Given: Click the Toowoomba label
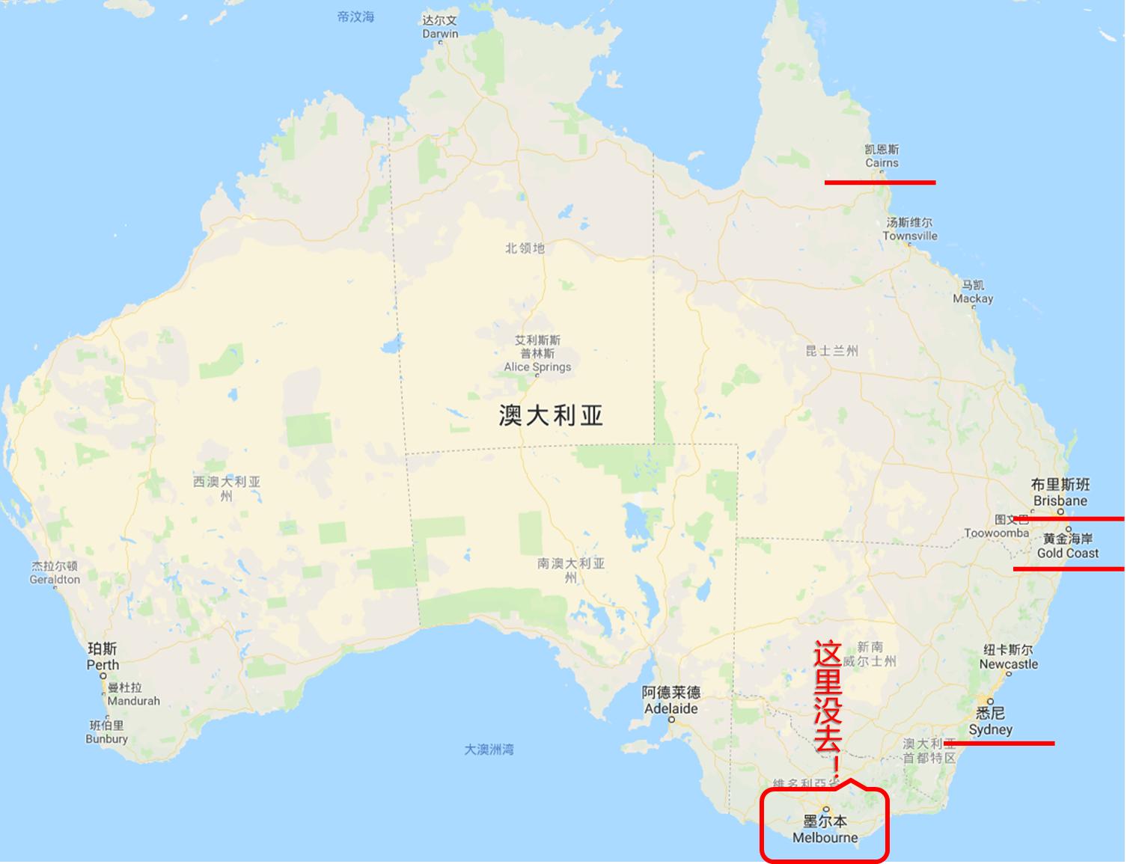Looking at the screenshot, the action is (x=996, y=533).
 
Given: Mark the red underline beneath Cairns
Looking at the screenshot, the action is (x=879, y=182).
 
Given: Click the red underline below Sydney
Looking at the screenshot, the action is (x=999, y=744).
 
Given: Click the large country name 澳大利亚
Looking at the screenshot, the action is (x=551, y=415).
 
